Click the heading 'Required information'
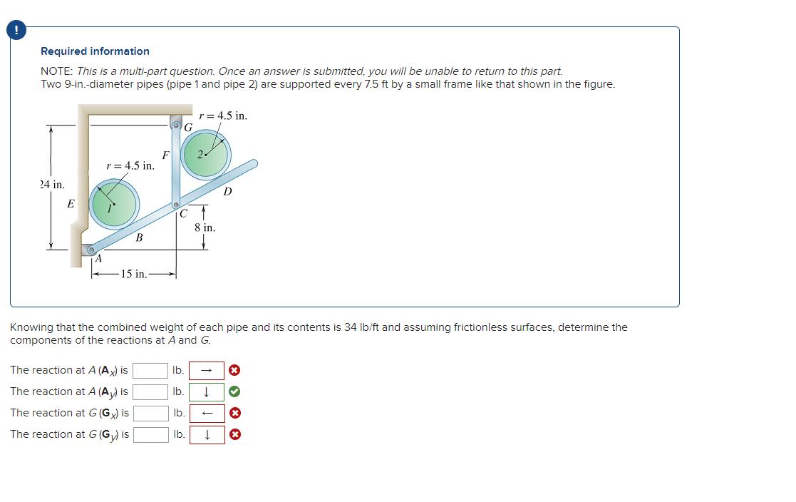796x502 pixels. pos(95,51)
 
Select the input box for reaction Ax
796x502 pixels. pos(150,370)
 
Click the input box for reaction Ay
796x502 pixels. pos(150,391)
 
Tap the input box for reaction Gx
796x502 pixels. pos(150,413)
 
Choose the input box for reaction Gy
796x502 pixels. pos(150,434)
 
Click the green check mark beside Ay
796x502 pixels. pos(234,391)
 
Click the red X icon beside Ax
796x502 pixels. pos(234,370)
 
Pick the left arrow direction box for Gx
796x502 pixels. pos(207,413)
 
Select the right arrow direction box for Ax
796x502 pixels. pos(207,370)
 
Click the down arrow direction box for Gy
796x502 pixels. pos(207,434)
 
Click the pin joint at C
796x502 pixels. pos(176,205)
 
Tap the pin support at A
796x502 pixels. pos(91,250)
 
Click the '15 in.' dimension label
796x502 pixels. pos(133,274)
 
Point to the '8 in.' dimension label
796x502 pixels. pos(205,228)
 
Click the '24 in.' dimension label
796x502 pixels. pos(52,185)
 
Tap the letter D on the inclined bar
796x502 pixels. pos(227,191)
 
